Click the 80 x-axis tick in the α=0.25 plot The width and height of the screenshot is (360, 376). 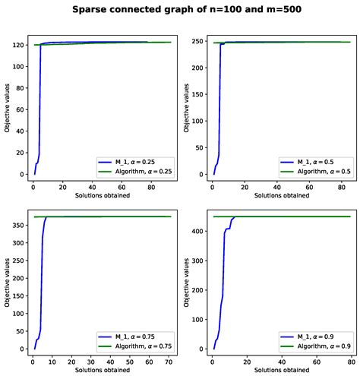pos(149,186)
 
